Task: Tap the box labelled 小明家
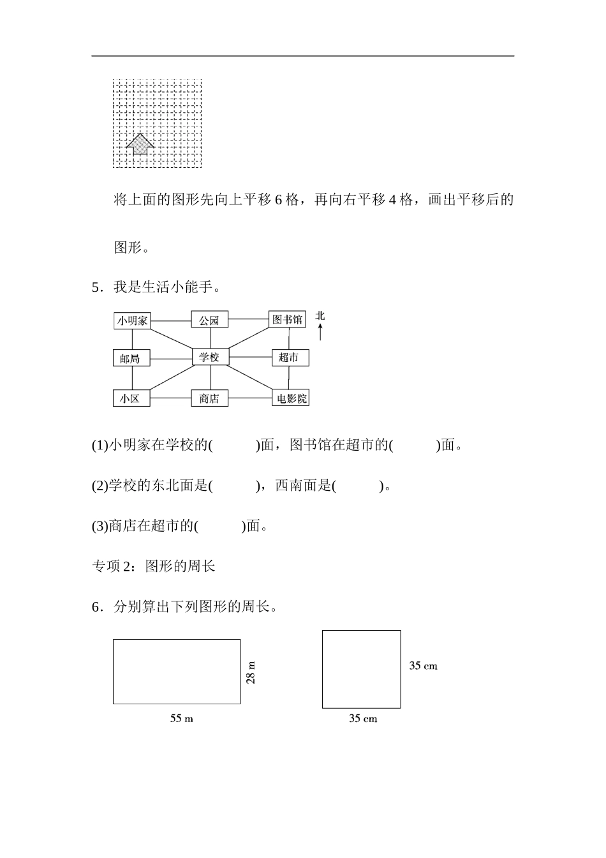pyautogui.click(x=132, y=320)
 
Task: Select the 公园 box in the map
pyautogui.click(x=209, y=320)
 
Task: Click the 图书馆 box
pyautogui.click(x=287, y=319)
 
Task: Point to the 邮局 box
pyautogui.click(x=130, y=358)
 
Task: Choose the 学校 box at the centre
pyautogui.click(x=210, y=357)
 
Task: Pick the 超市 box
pyautogui.click(x=290, y=357)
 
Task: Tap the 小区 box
pyautogui.click(x=130, y=398)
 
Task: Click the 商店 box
pyautogui.click(x=209, y=398)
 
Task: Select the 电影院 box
pyautogui.click(x=290, y=398)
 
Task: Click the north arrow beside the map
pyautogui.click(x=320, y=333)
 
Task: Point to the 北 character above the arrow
pyautogui.click(x=320, y=315)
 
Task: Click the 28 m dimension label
pyautogui.click(x=251, y=672)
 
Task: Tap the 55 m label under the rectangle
pyautogui.click(x=181, y=719)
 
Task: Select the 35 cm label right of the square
pyautogui.click(x=423, y=666)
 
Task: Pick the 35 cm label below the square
pyautogui.click(x=362, y=719)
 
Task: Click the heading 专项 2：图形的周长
pyautogui.click(x=154, y=566)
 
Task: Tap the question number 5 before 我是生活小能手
pyautogui.click(x=96, y=287)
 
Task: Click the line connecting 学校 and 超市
pyautogui.click(x=250, y=357)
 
